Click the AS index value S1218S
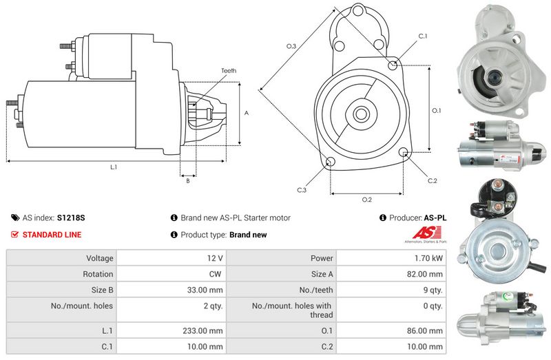pyautogui.click(x=71, y=218)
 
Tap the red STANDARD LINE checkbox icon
pyautogui.click(x=14, y=234)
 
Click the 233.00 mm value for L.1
pyautogui.click(x=202, y=331)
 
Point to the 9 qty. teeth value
pyautogui.click(x=433, y=290)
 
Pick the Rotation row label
pyautogui.click(x=98, y=274)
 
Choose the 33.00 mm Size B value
pyautogui.click(x=205, y=290)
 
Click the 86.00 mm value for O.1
pyautogui.click(x=425, y=331)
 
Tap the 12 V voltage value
pyautogui.click(x=215, y=258)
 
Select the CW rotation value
pyautogui.click(x=215, y=274)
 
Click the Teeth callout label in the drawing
pyautogui.click(x=229, y=71)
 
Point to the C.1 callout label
pyautogui.click(x=423, y=36)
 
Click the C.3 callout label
pyautogui.click(x=302, y=190)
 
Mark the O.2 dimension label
pyautogui.click(x=367, y=200)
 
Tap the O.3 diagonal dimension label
pyautogui.click(x=291, y=46)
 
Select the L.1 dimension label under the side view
pyautogui.click(x=114, y=167)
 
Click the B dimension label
pyautogui.click(x=188, y=181)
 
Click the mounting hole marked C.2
pyautogui.click(x=404, y=152)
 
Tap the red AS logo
pyautogui.click(x=426, y=233)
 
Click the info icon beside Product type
pyautogui.click(x=174, y=234)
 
